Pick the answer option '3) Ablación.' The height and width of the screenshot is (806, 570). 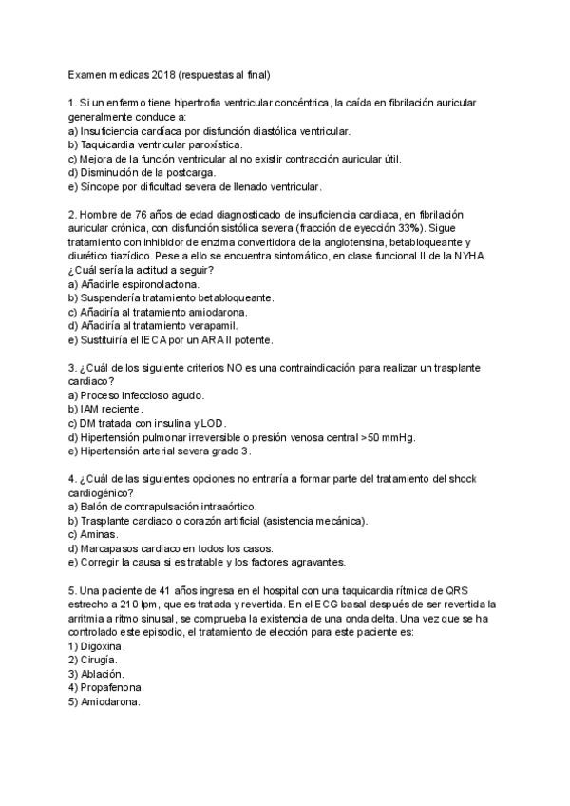(x=97, y=674)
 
